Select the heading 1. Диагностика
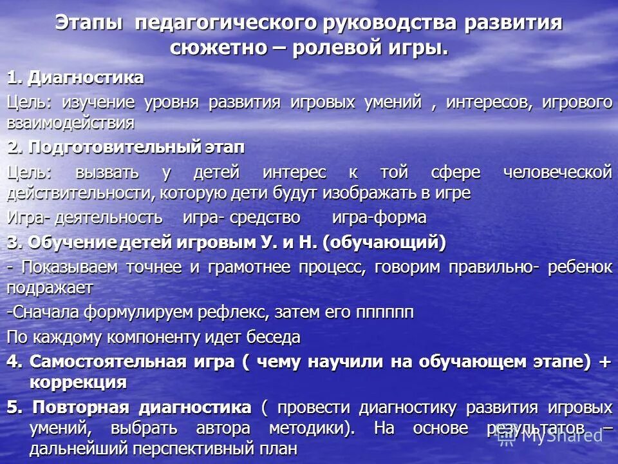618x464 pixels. pyautogui.click(x=75, y=78)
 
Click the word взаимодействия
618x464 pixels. pyautogui.click(x=71, y=122)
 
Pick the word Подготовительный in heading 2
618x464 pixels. pyautogui.click(x=120, y=147)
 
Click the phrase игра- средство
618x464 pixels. pyautogui.click(x=241, y=218)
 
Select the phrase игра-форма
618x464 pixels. pyautogui.click(x=379, y=218)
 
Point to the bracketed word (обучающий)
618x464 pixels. pyautogui.click(x=384, y=242)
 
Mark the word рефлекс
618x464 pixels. pyautogui.click(x=239, y=312)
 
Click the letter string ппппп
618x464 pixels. pyautogui.click(x=384, y=312)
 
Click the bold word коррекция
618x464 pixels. pyautogui.click(x=78, y=382)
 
